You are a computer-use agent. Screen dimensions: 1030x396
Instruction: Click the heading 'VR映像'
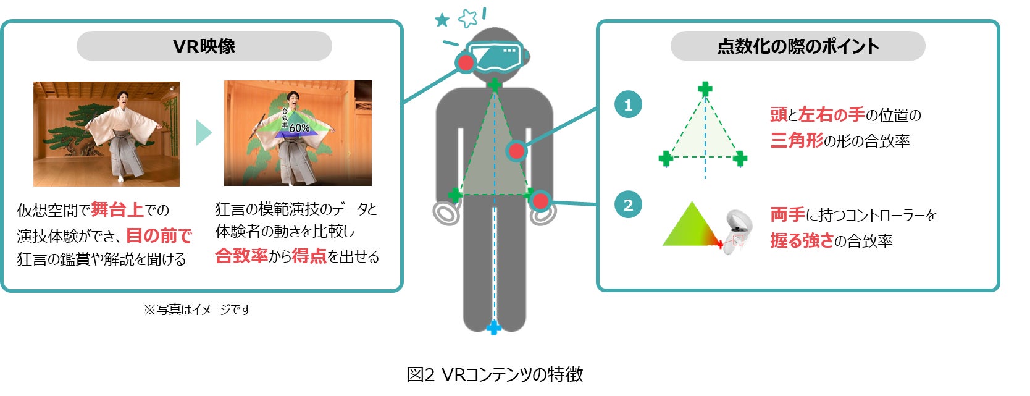click(x=204, y=46)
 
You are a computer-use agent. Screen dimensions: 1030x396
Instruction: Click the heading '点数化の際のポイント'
click(x=798, y=46)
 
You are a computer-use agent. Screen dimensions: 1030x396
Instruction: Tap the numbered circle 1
click(x=628, y=104)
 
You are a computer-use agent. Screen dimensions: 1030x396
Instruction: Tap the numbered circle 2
click(x=628, y=204)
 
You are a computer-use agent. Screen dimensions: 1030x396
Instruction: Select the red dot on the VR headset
click(x=465, y=62)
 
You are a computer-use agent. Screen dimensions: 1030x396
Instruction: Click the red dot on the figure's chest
click(x=516, y=151)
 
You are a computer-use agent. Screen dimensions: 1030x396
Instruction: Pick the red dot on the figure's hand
click(x=540, y=201)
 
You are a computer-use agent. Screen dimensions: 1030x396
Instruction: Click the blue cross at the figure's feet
click(x=493, y=327)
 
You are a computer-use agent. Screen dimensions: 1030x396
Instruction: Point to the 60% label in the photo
click(x=299, y=128)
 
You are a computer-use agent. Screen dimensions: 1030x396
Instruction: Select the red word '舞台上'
click(x=117, y=210)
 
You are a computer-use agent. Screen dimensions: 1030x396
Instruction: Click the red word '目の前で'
click(x=159, y=235)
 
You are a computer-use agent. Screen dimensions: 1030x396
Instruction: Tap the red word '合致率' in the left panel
click(x=241, y=256)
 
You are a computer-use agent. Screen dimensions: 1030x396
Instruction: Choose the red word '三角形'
click(x=797, y=141)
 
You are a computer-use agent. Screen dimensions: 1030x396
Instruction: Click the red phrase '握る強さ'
click(x=802, y=241)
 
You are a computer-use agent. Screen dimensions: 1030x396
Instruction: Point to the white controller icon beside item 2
click(x=739, y=232)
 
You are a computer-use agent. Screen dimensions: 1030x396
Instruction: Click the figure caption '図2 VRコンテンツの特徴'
click(x=495, y=374)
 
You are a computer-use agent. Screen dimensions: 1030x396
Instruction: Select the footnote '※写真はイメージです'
click(x=198, y=310)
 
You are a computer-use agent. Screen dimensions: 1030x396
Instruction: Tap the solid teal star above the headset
click(x=442, y=20)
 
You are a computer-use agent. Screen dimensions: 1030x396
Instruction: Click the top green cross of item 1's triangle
click(x=705, y=89)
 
